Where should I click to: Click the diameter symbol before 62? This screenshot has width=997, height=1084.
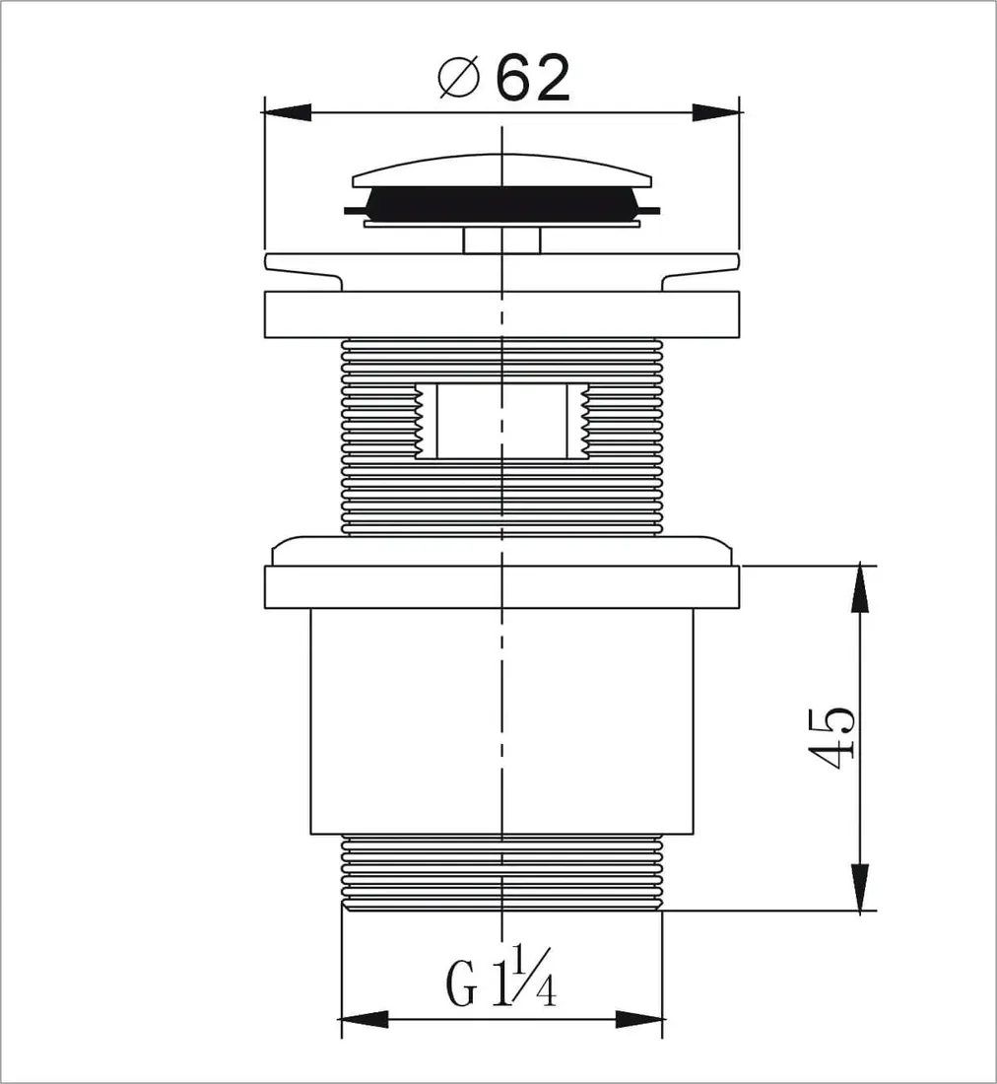pos(459,78)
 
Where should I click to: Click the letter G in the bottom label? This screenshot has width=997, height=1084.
pos(461,984)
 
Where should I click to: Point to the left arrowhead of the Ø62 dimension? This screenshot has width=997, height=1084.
pos(286,113)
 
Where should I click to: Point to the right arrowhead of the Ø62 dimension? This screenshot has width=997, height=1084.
pos(716,113)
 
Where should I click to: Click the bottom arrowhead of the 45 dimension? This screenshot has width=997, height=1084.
pos(859,887)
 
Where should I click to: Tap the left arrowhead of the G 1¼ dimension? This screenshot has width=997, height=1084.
pos(365,1018)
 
